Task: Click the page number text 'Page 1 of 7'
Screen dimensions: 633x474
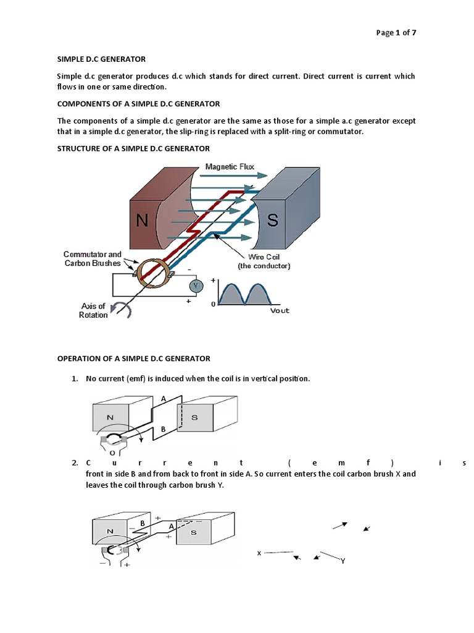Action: click(395, 33)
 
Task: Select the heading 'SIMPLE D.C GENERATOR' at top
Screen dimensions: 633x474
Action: click(101, 59)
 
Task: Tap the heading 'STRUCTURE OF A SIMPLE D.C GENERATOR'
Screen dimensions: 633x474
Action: click(133, 148)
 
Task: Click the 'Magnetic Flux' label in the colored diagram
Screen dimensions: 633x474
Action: click(230, 166)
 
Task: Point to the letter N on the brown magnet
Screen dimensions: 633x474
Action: click(142, 221)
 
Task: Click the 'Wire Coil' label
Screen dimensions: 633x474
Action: click(264, 256)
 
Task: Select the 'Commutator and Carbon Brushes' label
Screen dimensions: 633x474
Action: click(93, 259)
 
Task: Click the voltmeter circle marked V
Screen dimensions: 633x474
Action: click(196, 286)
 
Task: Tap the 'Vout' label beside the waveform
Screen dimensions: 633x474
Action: click(279, 310)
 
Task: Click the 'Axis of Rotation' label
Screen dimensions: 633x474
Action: click(93, 310)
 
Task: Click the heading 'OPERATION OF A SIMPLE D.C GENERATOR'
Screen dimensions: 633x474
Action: click(133, 359)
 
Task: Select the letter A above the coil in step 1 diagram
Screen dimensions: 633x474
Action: click(163, 399)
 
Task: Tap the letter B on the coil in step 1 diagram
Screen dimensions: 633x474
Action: click(162, 428)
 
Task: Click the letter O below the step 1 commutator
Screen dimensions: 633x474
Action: click(112, 452)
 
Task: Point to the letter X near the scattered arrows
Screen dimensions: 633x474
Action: click(259, 553)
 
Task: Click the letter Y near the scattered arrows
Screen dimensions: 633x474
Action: click(342, 561)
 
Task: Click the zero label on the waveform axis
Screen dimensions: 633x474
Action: click(214, 305)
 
